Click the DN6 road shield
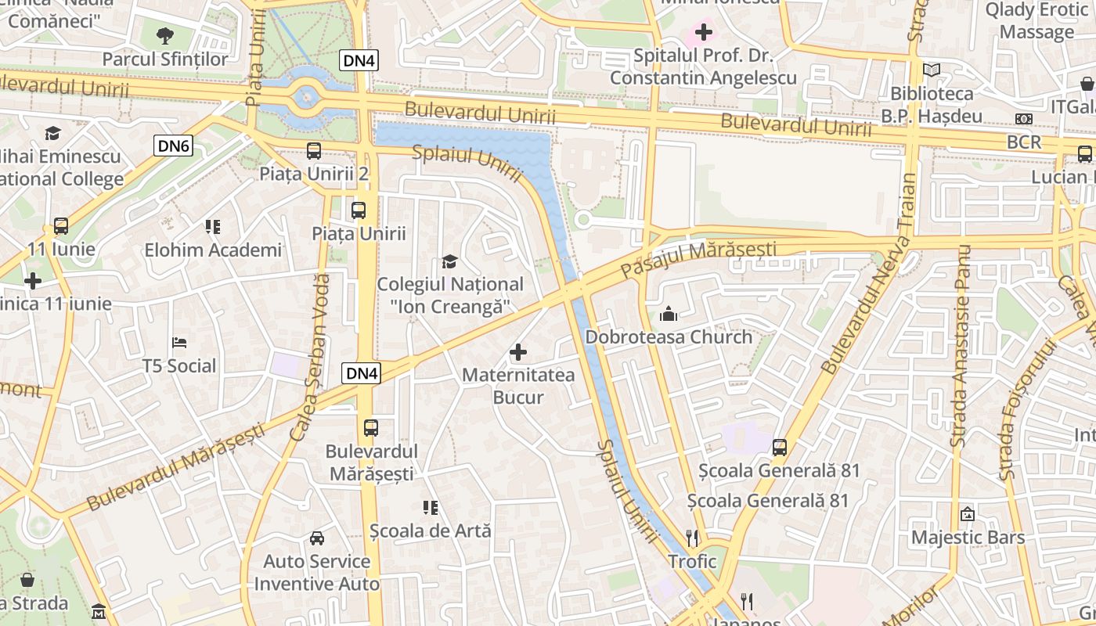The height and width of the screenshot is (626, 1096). click(x=173, y=145)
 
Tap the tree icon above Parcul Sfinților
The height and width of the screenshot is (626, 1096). click(x=165, y=35)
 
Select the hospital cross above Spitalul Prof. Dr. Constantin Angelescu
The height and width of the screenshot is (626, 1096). click(x=703, y=32)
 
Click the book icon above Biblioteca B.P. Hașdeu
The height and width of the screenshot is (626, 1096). click(x=932, y=70)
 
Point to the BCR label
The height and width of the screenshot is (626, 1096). click(x=1024, y=142)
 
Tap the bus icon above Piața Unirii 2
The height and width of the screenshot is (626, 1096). click(x=314, y=151)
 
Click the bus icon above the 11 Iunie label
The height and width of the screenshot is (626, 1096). click(x=61, y=226)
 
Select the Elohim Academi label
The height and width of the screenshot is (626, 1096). click(x=213, y=250)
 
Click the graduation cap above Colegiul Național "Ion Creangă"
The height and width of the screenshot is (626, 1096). click(x=449, y=261)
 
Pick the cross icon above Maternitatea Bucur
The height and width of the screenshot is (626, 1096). click(x=518, y=353)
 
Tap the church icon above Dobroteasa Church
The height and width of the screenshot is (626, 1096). click(x=669, y=315)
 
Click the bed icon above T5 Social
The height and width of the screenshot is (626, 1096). click(x=179, y=343)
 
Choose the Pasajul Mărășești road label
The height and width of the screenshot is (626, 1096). click(x=698, y=259)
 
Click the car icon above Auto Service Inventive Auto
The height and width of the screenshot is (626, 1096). click(x=317, y=538)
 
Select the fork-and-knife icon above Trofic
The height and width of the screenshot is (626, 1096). click(x=692, y=538)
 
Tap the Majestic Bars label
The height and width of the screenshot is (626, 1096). click(x=968, y=538)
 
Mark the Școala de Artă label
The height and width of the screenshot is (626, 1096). click(x=431, y=531)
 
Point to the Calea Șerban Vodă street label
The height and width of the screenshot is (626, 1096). click(x=310, y=356)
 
